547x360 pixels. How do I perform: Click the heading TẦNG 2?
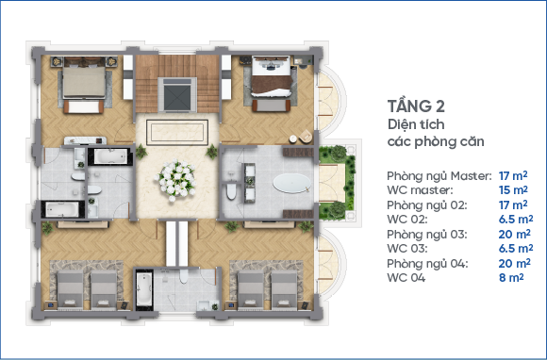tap(416, 106)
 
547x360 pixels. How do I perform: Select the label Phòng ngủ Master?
tap(439, 176)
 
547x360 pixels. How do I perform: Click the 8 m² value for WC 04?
tap(511, 278)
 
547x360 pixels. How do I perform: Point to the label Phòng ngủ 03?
tap(426, 235)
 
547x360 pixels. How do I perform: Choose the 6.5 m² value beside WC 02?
tap(516, 220)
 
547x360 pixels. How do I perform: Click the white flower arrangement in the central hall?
tap(176, 180)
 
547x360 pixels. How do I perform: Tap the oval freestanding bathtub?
tap(291, 184)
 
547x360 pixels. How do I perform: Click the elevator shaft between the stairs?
tap(177, 94)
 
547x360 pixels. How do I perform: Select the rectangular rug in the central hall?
tap(177, 132)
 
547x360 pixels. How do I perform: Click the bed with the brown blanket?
tap(272, 76)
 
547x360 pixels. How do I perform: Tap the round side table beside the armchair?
tap(293, 139)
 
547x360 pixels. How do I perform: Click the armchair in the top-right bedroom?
tap(306, 136)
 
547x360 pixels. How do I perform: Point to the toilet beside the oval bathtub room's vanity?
tap(231, 192)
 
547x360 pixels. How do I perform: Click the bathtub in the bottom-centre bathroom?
tap(143, 288)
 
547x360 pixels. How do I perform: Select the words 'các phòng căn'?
tap(436, 142)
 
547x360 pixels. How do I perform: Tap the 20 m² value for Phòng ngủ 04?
tap(515, 263)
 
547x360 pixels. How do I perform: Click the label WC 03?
tap(406, 249)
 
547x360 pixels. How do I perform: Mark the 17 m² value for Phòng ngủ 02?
tap(513, 205)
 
